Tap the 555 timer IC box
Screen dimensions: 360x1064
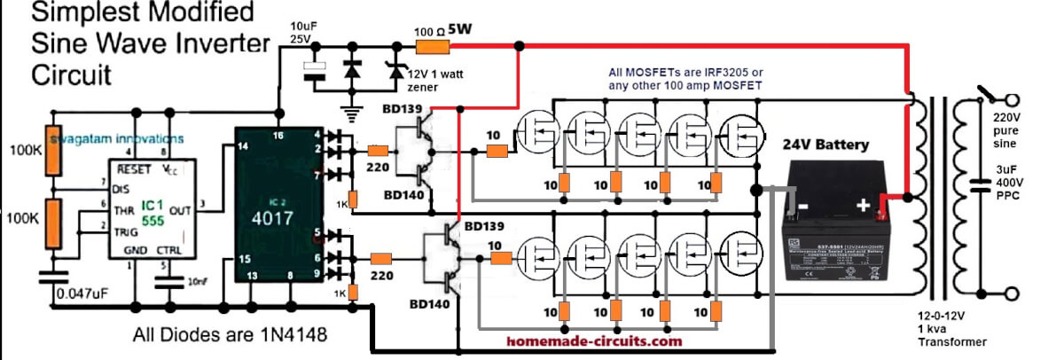click(153, 207)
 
